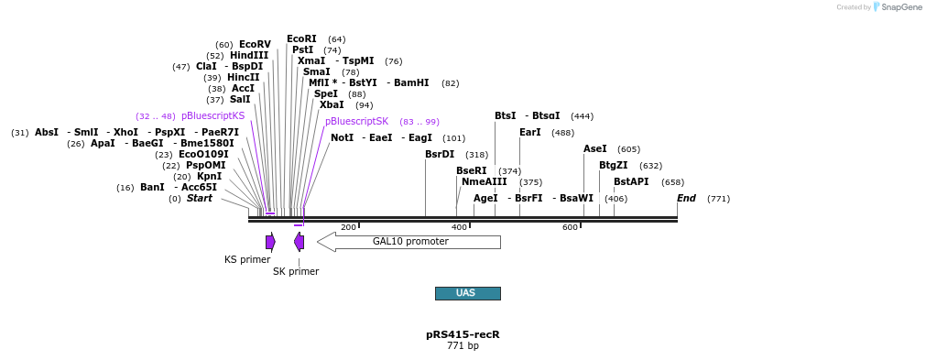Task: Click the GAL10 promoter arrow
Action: [x=409, y=242]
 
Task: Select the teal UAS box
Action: [x=467, y=293]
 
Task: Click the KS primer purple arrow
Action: [x=270, y=242]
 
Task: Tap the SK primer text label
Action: [x=296, y=271]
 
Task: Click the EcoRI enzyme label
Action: [x=301, y=39]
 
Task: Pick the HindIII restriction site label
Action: [x=249, y=56]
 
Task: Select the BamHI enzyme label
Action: [x=411, y=83]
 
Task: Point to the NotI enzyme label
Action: [x=342, y=138]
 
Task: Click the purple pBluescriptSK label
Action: [x=356, y=122]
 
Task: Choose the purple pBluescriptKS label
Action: [x=212, y=116]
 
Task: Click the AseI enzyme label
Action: [x=595, y=149]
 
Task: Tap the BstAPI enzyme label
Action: [x=631, y=182]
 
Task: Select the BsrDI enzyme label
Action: [x=440, y=155]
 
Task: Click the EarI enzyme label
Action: [x=530, y=133]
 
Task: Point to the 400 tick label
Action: [x=459, y=227]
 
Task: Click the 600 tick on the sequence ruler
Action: [x=580, y=224]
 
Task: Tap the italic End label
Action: [x=686, y=199]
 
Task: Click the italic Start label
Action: [x=199, y=199]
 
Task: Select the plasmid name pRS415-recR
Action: [x=463, y=334]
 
